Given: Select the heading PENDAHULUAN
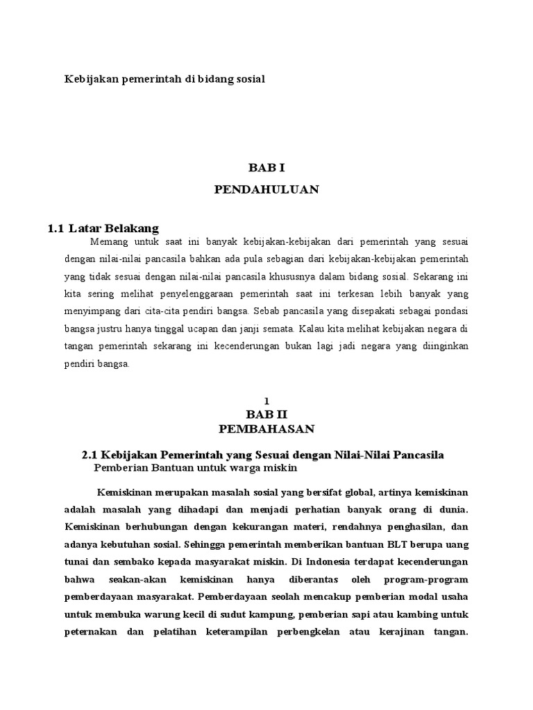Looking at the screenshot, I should tap(266, 189).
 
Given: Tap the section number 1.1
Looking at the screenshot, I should tap(56, 227).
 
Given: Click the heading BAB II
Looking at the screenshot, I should tap(266, 414).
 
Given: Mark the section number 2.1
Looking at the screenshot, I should tap(90, 455).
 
